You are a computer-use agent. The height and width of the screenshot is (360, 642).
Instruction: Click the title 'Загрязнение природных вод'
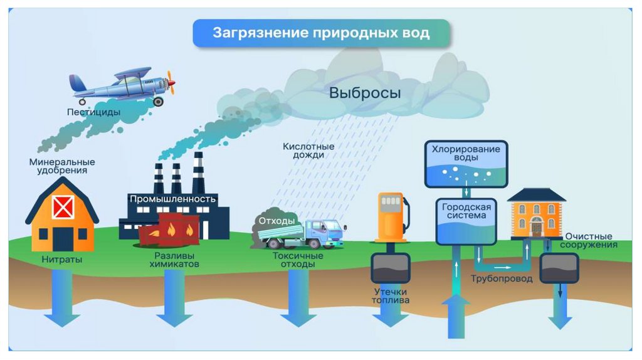tap(320, 33)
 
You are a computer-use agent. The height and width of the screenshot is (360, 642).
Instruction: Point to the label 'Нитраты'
tap(61, 258)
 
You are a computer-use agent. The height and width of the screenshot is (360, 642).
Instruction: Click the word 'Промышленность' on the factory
tap(172, 199)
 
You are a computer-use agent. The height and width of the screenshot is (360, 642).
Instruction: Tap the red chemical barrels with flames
tap(168, 228)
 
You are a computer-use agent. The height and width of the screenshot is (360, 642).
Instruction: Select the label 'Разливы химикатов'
tap(174, 260)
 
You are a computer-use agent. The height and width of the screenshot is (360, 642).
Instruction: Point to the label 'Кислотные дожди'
tap(308, 151)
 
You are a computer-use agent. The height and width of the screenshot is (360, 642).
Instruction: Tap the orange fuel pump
tap(391, 216)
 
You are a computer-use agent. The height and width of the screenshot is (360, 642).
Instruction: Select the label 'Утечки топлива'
tap(391, 296)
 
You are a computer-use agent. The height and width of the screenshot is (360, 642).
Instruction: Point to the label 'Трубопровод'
tap(502, 278)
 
